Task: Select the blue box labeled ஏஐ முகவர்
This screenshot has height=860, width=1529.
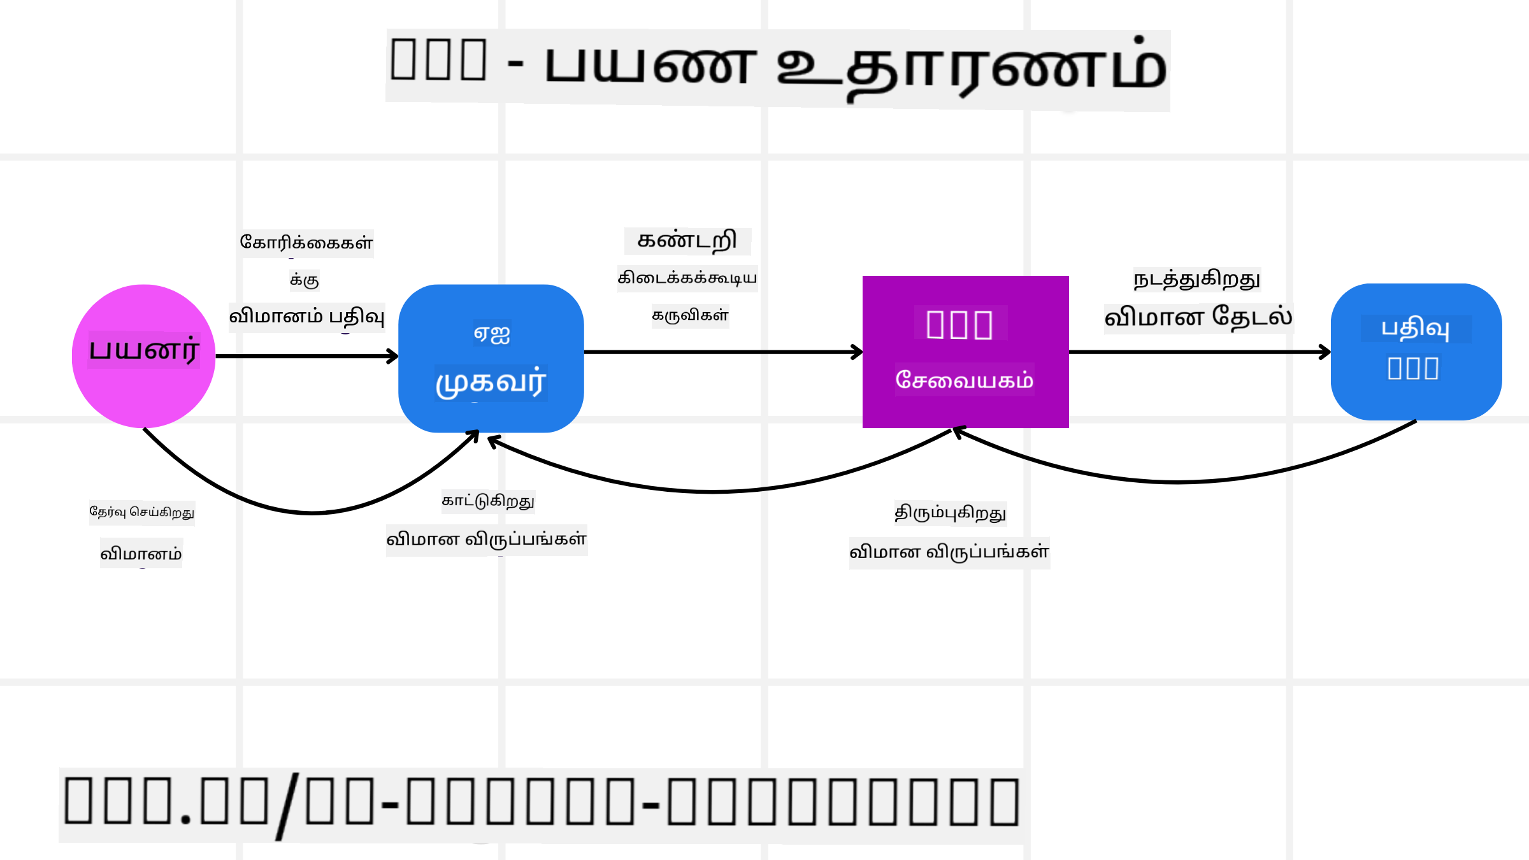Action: (x=491, y=358)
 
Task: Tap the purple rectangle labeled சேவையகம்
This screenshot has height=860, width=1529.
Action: (x=965, y=352)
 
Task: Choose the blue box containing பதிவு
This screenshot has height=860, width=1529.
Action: (x=1416, y=352)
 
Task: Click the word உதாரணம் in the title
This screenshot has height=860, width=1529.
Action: (x=972, y=67)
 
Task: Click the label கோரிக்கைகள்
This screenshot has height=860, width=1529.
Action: (x=306, y=243)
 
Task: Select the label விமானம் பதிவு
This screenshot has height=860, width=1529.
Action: (x=306, y=317)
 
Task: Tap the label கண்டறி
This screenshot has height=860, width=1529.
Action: (x=687, y=241)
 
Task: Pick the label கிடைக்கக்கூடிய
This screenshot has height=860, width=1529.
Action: (x=687, y=278)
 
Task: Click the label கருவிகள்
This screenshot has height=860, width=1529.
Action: (x=690, y=315)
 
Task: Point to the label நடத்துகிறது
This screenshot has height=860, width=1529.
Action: (x=1196, y=280)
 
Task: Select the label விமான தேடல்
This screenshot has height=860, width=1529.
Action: (x=1198, y=317)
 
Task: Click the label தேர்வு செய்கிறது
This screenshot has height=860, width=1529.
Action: (x=141, y=512)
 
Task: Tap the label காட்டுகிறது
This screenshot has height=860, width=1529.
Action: (x=488, y=501)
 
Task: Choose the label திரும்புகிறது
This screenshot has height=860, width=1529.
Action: (x=950, y=513)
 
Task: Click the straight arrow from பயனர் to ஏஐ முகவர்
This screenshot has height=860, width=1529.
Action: (x=306, y=356)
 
